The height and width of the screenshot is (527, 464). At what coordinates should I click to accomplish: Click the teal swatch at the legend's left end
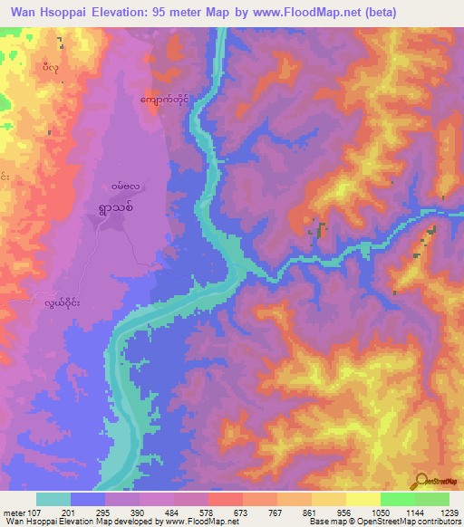click(x=53, y=499)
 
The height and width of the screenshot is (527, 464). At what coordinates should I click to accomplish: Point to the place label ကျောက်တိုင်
click(x=169, y=97)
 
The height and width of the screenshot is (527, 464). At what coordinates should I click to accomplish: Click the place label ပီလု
click(x=52, y=67)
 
